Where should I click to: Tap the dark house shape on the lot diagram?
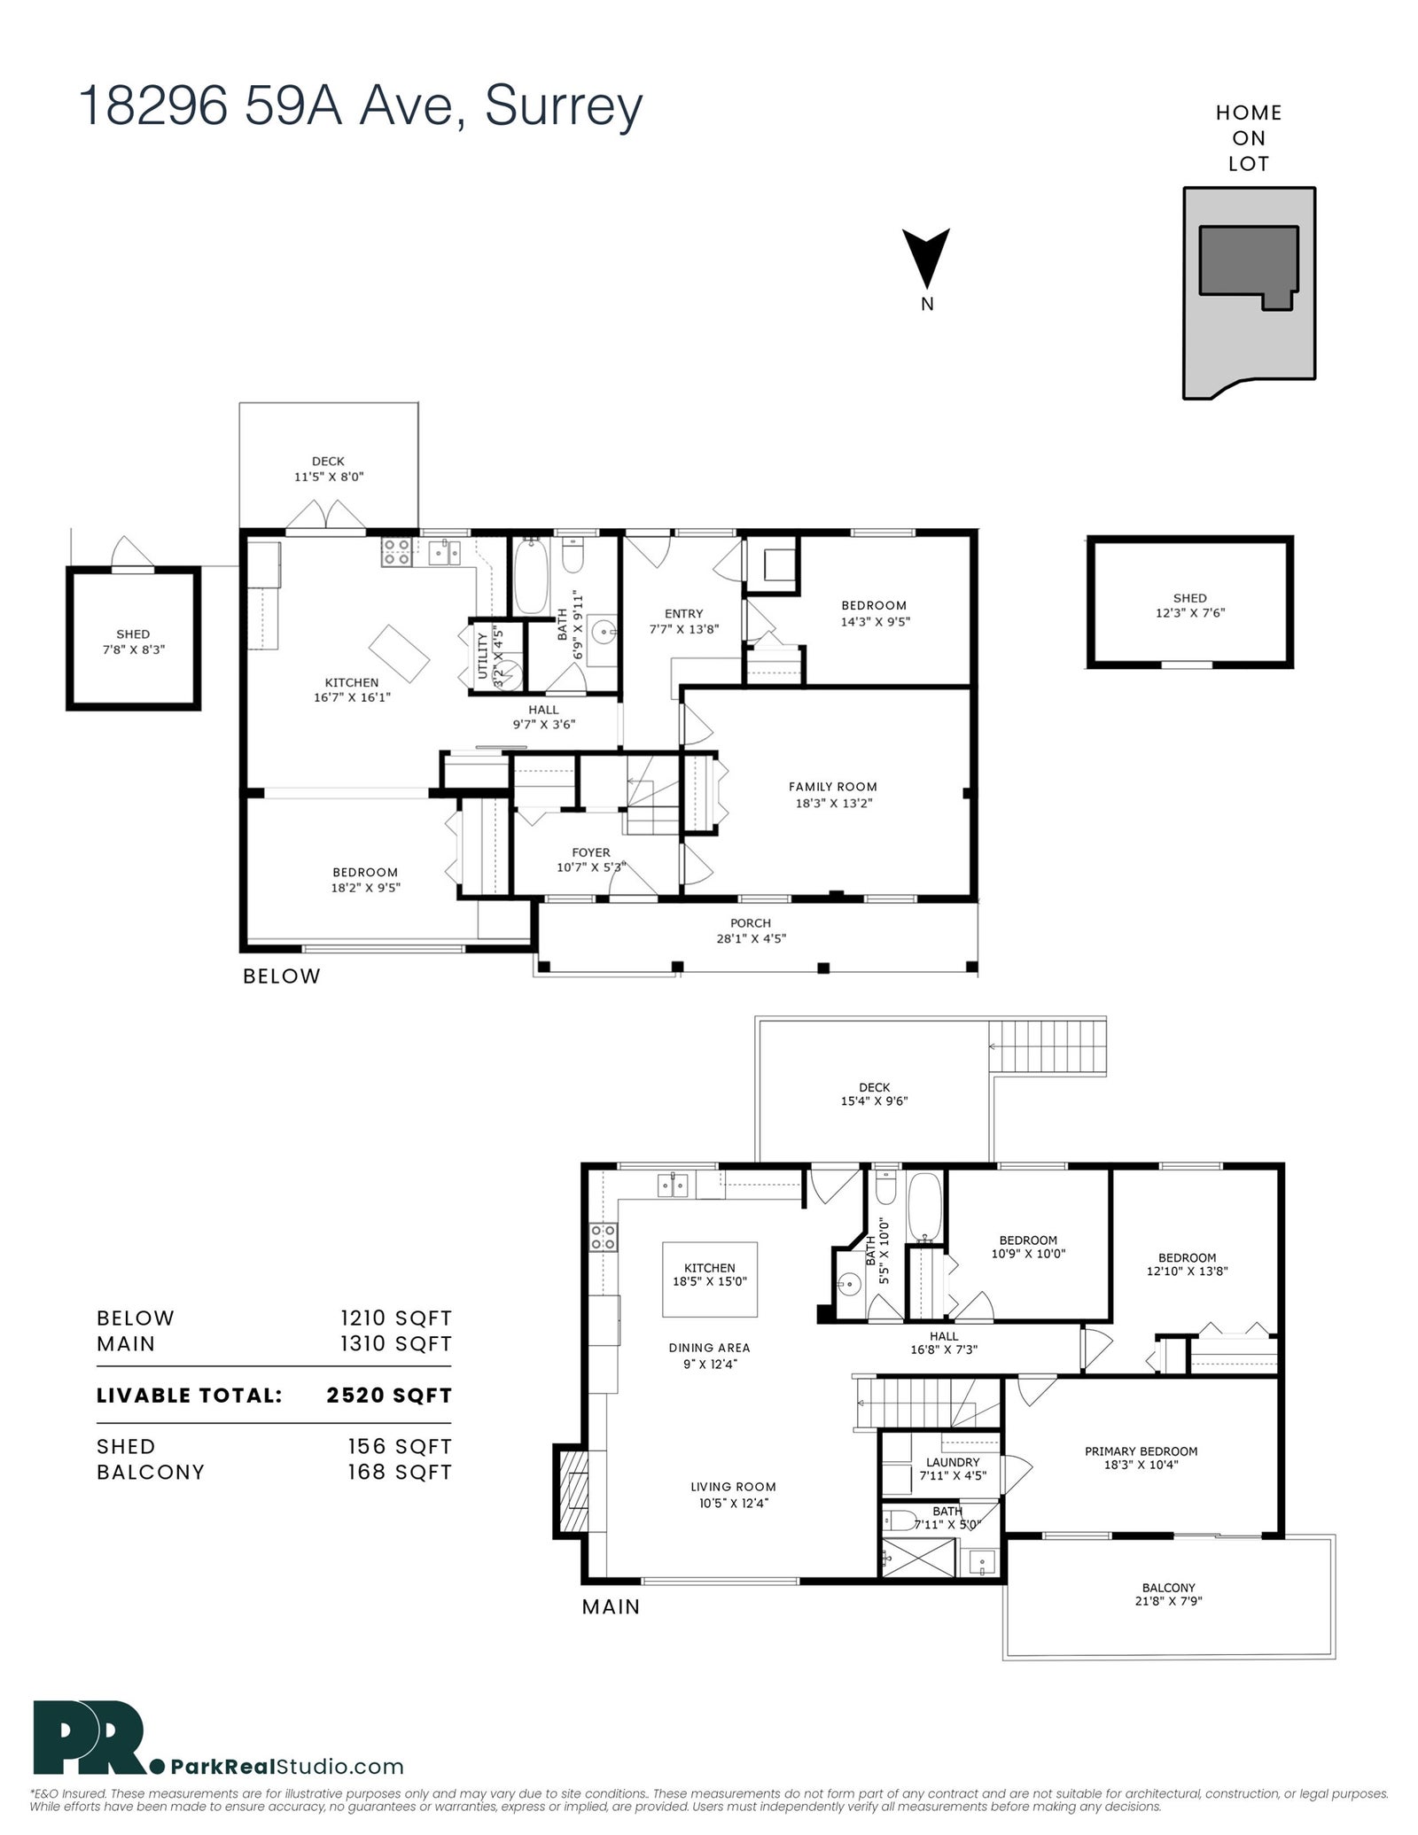click(x=1248, y=262)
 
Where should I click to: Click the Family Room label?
click(x=833, y=786)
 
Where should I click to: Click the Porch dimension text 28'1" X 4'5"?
click(x=751, y=938)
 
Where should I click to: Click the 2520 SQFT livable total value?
click(x=389, y=1396)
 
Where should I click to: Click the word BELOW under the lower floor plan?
click(x=282, y=976)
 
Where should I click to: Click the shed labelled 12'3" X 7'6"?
click(x=1189, y=602)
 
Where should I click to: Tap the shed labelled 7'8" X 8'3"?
click(x=133, y=638)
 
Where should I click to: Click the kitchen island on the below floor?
click(x=399, y=654)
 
